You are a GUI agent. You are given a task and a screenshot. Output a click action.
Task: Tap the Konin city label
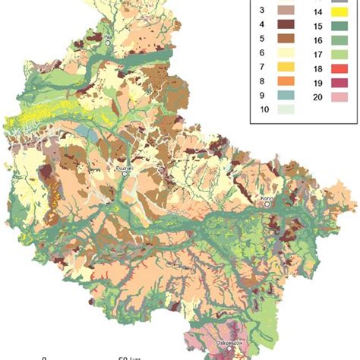tap(267, 197)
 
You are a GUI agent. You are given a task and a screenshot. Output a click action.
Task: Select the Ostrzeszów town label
tap(229, 343)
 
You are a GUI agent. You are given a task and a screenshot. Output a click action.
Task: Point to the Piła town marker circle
tap(109, 43)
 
